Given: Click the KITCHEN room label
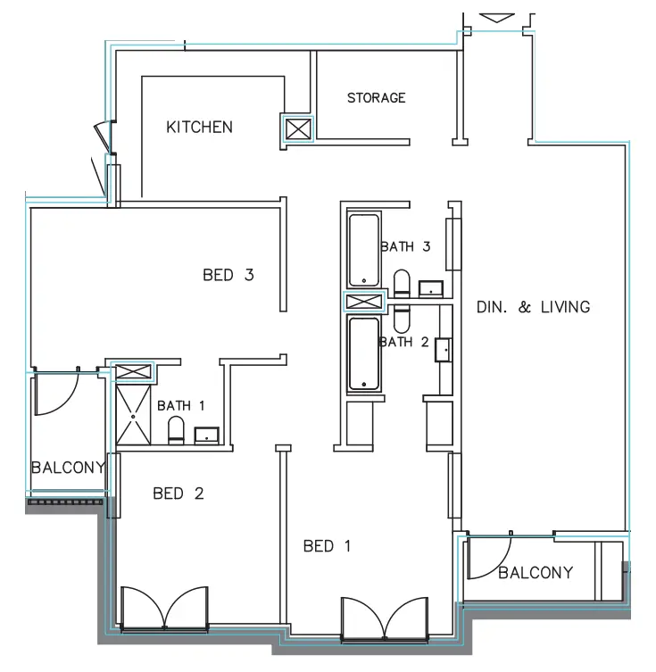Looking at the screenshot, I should pos(199,128).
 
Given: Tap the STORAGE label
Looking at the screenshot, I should pos(376,98).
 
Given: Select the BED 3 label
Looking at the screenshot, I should pos(228,275).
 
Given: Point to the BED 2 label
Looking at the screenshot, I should pos(178,493).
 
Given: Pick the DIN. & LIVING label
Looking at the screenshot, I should pos(533,307).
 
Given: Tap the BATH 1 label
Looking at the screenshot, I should pos(181,406).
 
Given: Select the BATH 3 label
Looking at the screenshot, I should pos(406,246).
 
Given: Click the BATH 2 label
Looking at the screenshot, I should pos(404,341).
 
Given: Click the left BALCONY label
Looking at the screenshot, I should pos(68,468).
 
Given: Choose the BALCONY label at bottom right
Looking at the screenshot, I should pos(536,573).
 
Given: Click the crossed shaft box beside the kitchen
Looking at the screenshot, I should pos(297,130).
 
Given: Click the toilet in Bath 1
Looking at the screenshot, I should pos(176,429).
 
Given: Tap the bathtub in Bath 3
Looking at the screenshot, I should pos(364,250).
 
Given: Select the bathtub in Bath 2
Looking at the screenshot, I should pos(364,354).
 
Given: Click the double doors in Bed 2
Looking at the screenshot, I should pos(164,609).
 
